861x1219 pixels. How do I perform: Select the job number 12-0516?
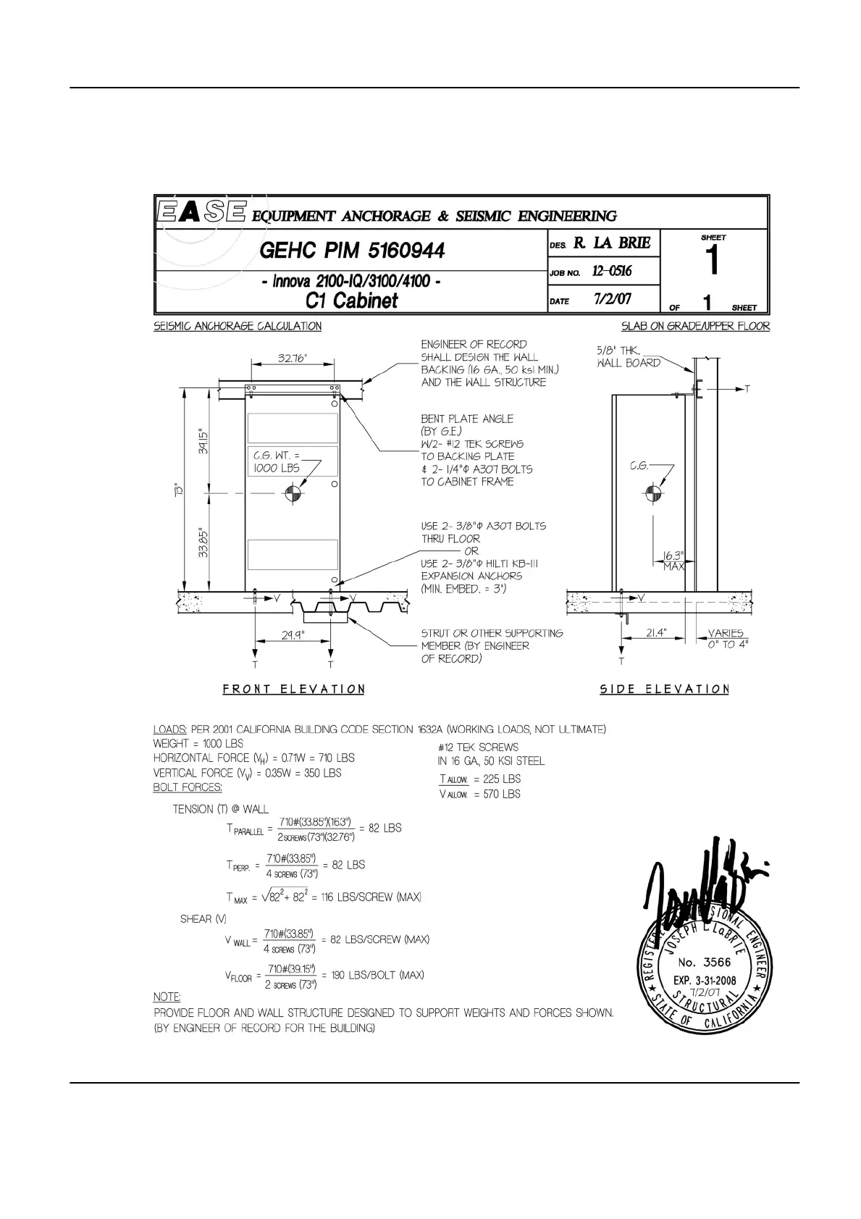(612, 271)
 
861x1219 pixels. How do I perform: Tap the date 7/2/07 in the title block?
(613, 298)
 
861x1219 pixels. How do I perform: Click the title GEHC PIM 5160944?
(352, 251)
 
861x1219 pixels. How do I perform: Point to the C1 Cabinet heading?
(352, 300)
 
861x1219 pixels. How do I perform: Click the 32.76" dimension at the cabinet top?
(293, 358)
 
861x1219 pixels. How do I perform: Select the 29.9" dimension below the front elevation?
(293, 635)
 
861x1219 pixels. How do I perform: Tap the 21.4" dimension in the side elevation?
(656, 633)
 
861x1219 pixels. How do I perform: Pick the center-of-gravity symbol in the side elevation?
(650, 494)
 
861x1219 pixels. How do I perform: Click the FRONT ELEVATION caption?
(293, 689)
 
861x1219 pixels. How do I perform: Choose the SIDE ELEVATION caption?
(664, 689)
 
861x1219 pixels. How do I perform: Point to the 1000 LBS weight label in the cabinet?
(274, 469)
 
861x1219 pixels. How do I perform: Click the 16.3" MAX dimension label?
(673, 561)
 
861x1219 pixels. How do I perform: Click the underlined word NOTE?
(167, 997)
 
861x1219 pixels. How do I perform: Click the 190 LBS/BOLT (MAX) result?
(377, 975)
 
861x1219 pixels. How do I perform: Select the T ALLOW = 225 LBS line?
(479, 779)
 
